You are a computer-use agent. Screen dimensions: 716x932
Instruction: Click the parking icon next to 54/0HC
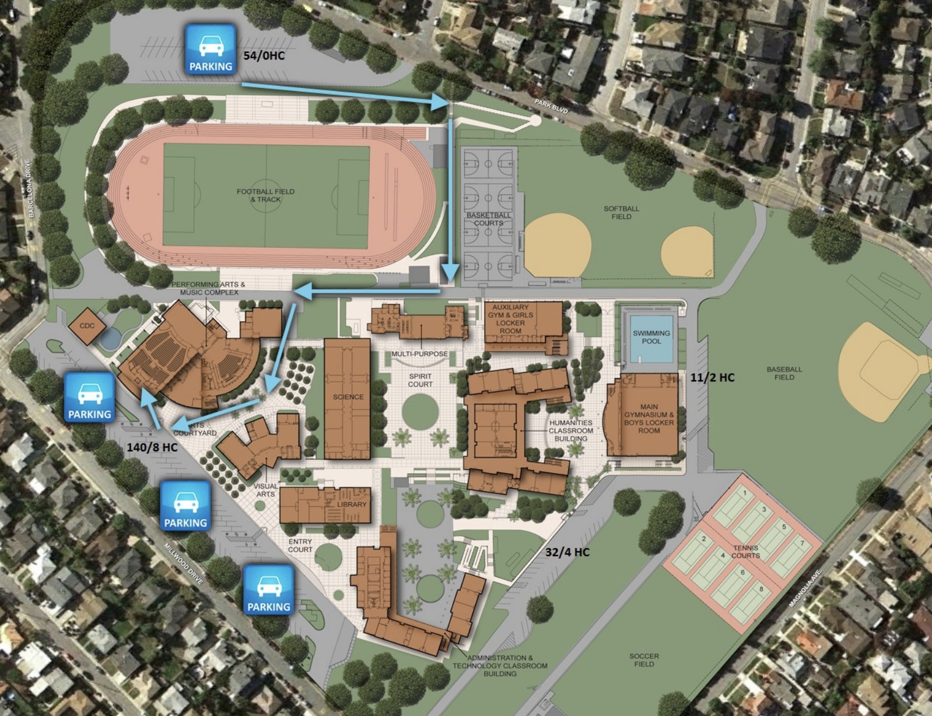[211, 50]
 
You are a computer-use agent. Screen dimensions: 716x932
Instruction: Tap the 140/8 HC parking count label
[152, 447]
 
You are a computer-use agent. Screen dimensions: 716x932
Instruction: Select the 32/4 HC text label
[567, 552]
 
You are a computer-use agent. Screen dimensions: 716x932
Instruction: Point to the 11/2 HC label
[712, 377]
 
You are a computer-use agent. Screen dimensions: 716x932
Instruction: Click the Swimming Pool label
[651, 337]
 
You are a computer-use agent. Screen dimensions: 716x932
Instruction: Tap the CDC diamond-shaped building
[87, 326]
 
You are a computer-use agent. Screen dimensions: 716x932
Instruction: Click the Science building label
[348, 396]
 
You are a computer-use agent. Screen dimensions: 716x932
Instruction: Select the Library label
[352, 504]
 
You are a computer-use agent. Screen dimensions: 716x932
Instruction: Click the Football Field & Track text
[265, 195]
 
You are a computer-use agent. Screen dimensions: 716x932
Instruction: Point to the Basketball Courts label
[488, 219]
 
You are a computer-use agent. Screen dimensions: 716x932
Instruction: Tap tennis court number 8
[761, 589]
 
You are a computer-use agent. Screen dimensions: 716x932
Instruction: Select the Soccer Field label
[644, 660]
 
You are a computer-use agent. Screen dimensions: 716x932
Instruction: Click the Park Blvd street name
[551, 107]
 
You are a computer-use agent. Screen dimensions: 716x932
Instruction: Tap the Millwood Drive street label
[183, 564]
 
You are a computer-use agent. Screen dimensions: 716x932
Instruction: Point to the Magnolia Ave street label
[805, 588]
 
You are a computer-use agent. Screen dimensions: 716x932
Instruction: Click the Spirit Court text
[420, 380]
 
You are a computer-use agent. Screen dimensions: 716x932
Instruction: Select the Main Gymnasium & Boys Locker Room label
[649, 419]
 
